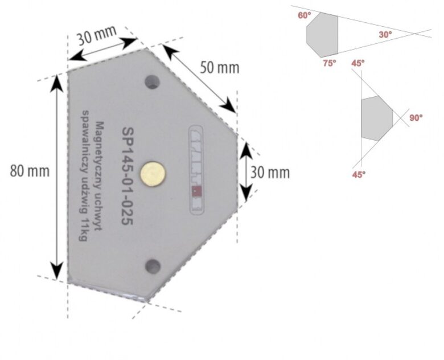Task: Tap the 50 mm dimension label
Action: [219, 67]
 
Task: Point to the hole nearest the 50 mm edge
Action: [151, 82]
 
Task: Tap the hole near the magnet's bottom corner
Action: [151, 264]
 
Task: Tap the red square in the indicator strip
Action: [196, 191]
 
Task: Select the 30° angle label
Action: [385, 35]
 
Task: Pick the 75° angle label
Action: [330, 63]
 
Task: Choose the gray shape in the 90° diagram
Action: [376, 118]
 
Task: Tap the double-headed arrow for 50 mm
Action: [200, 78]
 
